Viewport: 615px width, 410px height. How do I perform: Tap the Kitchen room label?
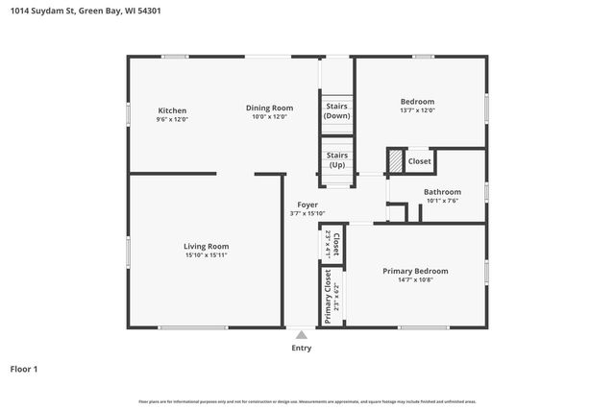(172, 110)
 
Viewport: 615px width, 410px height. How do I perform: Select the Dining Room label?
(269, 109)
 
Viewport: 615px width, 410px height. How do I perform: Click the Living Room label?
(207, 246)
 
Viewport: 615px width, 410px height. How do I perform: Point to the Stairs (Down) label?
(336, 110)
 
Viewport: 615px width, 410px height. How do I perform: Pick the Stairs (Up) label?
(336, 159)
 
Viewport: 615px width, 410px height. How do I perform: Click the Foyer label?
(307, 205)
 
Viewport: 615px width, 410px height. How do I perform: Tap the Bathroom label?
(442, 192)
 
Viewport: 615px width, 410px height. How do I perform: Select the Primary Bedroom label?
(415, 271)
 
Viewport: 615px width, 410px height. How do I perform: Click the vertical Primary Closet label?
(328, 296)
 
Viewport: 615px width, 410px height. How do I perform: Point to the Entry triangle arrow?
(301, 335)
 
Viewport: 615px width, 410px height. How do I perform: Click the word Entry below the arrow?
(301, 349)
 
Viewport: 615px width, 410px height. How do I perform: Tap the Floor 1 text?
(24, 369)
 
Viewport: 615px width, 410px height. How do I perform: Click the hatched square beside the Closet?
(395, 161)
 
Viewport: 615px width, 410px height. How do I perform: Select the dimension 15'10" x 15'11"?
(207, 255)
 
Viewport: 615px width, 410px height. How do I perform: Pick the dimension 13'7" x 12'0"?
(417, 110)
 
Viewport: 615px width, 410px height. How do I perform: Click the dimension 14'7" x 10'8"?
(415, 280)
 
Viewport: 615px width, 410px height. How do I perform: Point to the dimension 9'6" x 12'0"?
(172, 120)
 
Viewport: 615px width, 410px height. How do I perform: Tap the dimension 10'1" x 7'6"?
(442, 201)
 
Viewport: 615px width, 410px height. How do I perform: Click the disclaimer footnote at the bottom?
(307, 401)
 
